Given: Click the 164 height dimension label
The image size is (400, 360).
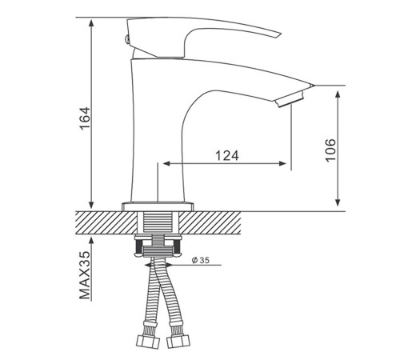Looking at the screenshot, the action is click(x=86, y=118).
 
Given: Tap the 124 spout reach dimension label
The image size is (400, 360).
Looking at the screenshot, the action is click(x=227, y=156).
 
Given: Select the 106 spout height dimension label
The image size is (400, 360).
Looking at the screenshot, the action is click(x=330, y=150).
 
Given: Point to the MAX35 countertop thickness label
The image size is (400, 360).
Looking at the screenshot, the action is click(x=85, y=275).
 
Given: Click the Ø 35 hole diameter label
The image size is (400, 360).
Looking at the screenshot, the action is click(x=201, y=260).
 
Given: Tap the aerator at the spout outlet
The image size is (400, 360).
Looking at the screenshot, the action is click(x=289, y=99).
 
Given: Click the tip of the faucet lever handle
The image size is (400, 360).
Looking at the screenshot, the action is click(x=281, y=34).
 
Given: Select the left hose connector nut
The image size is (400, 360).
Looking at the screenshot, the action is click(x=148, y=342).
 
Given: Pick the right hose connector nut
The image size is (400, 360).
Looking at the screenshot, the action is click(x=178, y=342).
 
